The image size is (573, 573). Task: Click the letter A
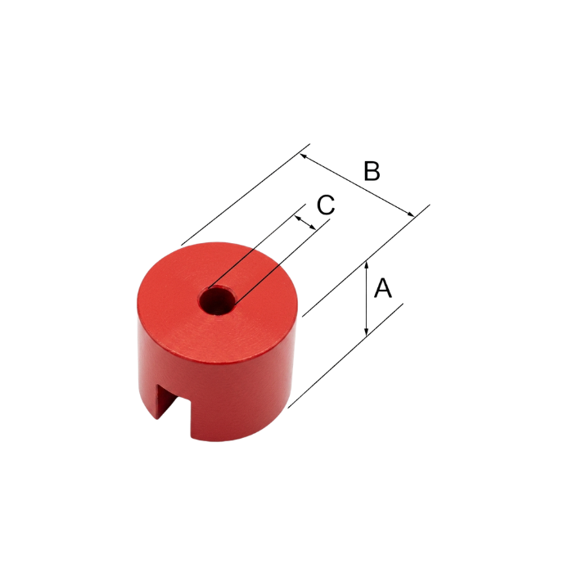[x=382, y=288]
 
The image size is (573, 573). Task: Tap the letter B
[x=372, y=170]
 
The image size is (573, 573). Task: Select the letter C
[x=326, y=205]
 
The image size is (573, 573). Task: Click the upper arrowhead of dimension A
[x=367, y=265]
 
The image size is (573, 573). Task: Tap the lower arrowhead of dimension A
[x=367, y=330]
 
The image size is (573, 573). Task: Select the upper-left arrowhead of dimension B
[x=305, y=157]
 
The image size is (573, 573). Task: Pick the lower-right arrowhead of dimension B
[x=410, y=213]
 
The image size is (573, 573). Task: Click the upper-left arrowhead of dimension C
[x=298, y=219]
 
